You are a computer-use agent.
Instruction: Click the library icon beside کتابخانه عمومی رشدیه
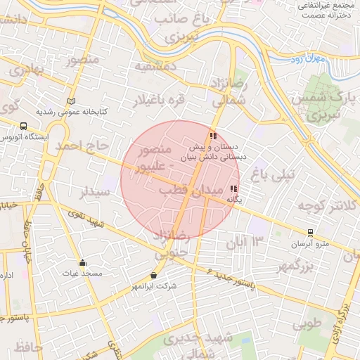click(71, 101)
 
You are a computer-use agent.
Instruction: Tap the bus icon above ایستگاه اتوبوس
click(25, 127)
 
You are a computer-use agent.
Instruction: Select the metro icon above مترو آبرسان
click(310, 233)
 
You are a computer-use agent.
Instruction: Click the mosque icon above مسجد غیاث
click(82, 262)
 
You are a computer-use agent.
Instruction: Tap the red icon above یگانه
click(233, 188)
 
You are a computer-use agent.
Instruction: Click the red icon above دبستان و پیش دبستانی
click(212, 136)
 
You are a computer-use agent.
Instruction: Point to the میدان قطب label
click(190, 191)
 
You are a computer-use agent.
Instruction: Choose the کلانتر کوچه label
click(323, 206)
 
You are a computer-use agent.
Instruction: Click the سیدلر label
click(95, 191)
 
